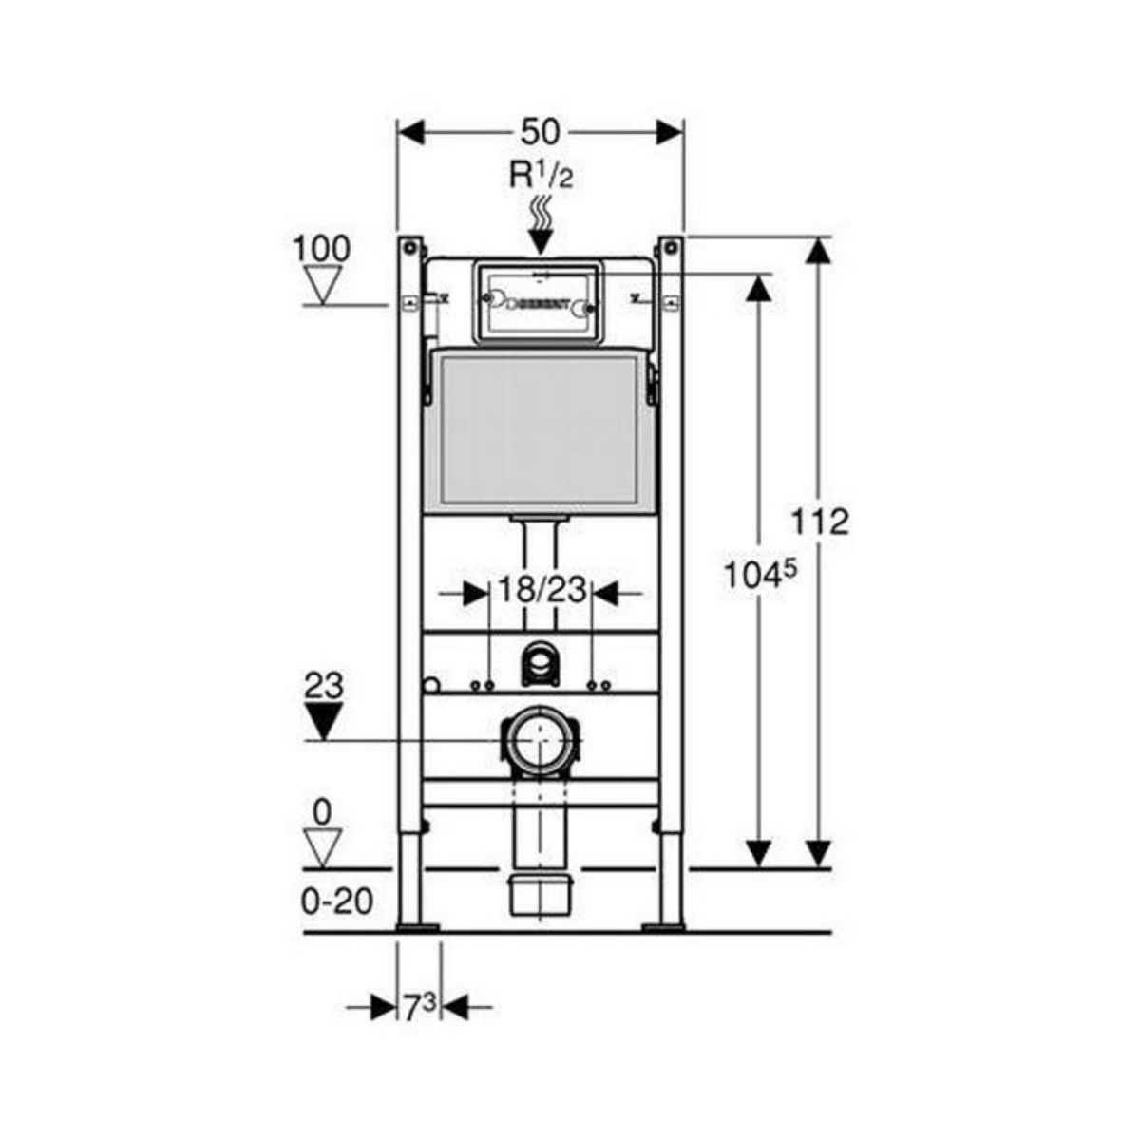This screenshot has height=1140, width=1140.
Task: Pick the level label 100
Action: tap(321, 249)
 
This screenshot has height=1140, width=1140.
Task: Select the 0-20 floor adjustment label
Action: tap(337, 901)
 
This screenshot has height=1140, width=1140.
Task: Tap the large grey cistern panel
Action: tap(540, 432)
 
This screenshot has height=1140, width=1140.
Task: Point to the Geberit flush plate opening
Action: tap(540, 303)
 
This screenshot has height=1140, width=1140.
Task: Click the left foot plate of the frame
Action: tap(419, 925)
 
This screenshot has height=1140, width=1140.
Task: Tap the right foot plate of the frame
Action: tap(663, 925)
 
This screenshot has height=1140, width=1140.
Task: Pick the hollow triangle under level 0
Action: tap(324, 846)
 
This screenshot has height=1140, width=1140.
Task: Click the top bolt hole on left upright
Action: tap(408, 248)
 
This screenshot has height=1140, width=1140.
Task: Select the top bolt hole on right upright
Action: tap(671, 248)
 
